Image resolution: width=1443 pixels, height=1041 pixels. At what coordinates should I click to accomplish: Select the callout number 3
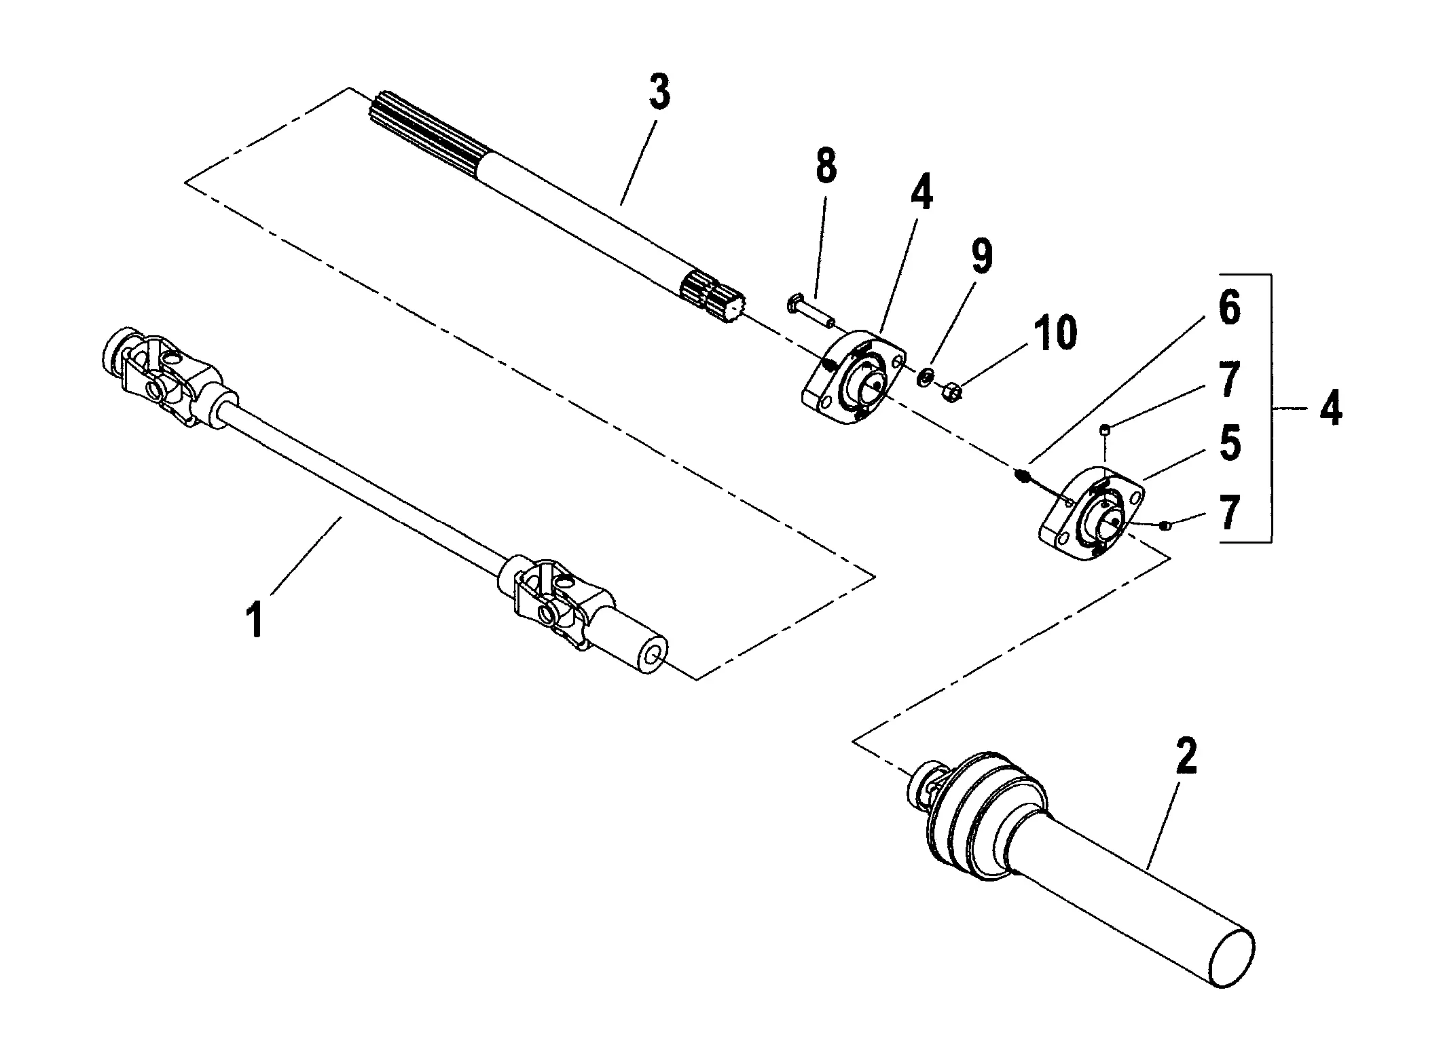coord(659,93)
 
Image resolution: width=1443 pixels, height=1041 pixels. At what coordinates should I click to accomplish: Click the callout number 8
coord(825,166)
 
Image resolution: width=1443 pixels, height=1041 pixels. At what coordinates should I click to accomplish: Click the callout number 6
coord(1228,309)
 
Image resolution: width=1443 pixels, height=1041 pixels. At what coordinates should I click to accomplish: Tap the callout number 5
coord(1228,443)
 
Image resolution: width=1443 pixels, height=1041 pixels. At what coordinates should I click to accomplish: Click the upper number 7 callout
coord(1228,379)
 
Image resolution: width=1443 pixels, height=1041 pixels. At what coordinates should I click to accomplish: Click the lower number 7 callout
coord(1228,514)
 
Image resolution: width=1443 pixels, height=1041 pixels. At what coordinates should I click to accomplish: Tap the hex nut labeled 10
coord(951,392)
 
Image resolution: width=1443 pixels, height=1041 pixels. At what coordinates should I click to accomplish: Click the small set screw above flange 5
coord(1104,428)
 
